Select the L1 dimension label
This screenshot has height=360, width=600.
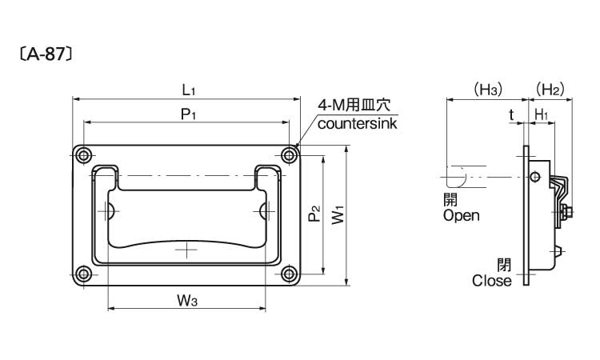[x=187, y=89]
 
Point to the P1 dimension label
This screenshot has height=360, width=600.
[x=188, y=114]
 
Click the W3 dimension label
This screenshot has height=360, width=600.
[x=187, y=300]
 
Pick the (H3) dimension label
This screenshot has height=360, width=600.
[x=486, y=89]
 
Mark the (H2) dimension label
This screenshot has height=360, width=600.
[x=550, y=89]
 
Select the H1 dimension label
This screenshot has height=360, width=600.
[x=541, y=114]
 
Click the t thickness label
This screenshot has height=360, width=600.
[x=511, y=114]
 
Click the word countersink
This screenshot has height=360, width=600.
[x=357, y=123]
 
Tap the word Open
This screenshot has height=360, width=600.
[x=461, y=215]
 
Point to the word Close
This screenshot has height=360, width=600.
[x=491, y=281]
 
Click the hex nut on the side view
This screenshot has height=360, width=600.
[x=565, y=212]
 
